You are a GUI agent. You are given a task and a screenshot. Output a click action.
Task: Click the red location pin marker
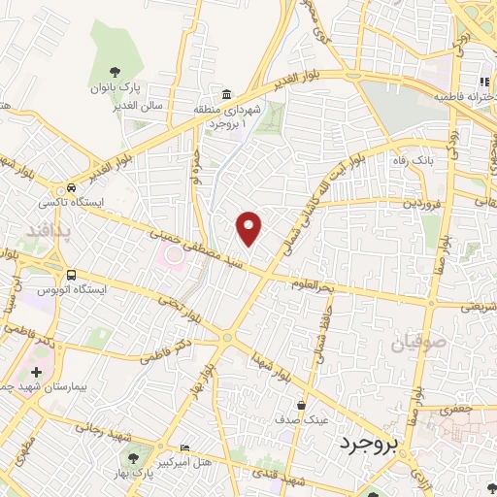[x=250, y=227]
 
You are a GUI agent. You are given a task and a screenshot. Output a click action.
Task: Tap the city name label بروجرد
[x=370, y=444]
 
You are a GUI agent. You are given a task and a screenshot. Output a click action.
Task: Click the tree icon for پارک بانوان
[x=115, y=71]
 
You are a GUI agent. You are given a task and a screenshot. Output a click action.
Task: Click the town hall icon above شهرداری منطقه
[x=226, y=94]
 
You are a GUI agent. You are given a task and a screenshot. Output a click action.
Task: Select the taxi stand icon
[x=70, y=188]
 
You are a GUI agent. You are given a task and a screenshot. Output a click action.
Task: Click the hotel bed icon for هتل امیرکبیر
[x=185, y=447]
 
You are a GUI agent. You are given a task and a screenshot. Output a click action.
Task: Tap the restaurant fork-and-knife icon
[x=482, y=82]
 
